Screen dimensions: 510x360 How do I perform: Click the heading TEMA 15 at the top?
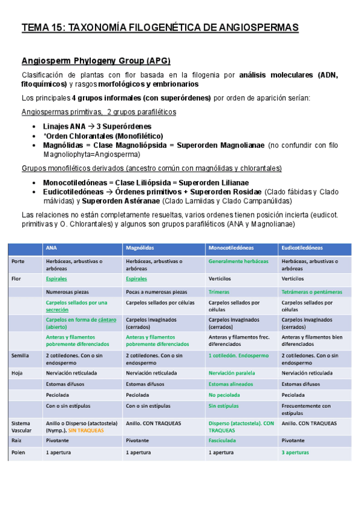(160, 28)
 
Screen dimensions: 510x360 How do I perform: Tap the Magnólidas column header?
(141, 247)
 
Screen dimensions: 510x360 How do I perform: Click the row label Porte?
(17, 262)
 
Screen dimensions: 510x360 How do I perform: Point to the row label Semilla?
(20, 355)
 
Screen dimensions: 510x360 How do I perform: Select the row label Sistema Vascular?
(22, 427)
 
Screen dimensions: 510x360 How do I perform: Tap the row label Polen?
(19, 452)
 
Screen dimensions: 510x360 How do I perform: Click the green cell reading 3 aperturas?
(295, 452)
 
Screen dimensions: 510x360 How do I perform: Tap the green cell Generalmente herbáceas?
(239, 262)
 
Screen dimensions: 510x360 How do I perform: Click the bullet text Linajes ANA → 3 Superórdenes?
(97, 126)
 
